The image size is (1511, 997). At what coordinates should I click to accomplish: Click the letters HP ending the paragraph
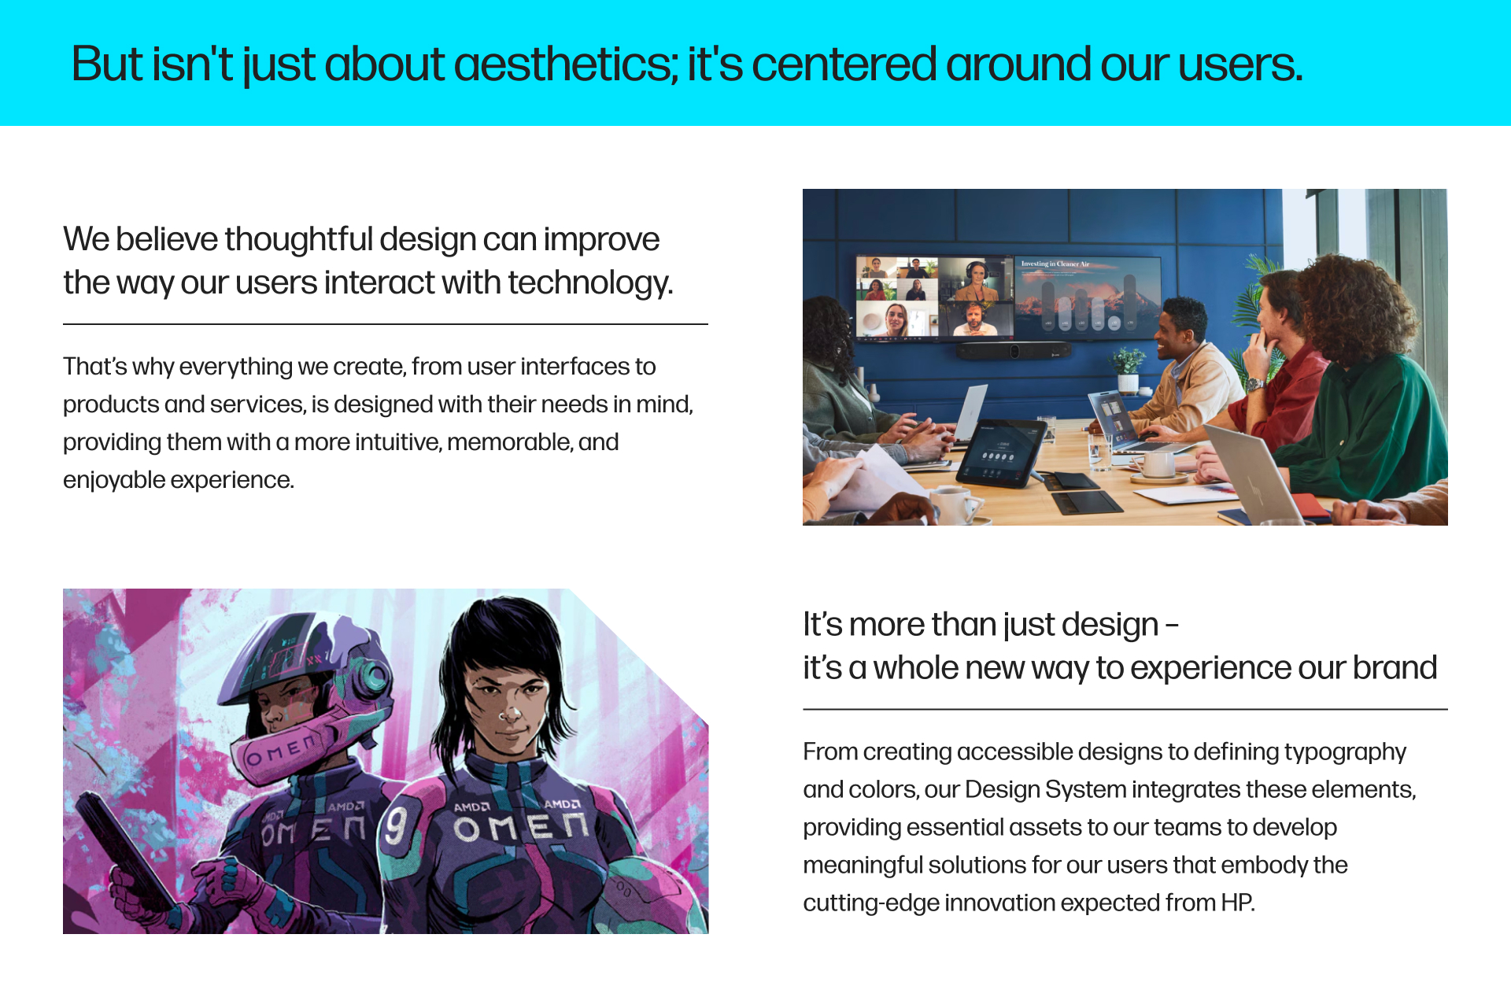coord(1236,903)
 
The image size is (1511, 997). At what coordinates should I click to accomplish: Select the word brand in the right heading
coord(1395,668)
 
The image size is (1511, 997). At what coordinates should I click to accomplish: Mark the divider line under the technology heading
coord(386,324)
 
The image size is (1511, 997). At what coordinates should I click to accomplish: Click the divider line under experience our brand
coord(1125,710)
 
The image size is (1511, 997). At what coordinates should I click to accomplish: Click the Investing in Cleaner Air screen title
coord(1055,264)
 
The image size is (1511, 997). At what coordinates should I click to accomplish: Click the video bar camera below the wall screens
coord(1014,351)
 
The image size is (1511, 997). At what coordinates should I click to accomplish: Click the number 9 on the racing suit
coord(396,826)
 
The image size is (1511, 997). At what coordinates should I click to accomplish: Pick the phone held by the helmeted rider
coord(118,850)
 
